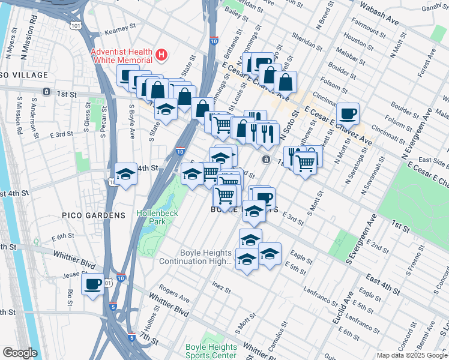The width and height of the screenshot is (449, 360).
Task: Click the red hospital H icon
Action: click(x=161, y=55)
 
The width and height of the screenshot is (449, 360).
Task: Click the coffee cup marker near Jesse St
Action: click(x=92, y=284)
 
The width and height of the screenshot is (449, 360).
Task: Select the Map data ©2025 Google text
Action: click(x=412, y=355)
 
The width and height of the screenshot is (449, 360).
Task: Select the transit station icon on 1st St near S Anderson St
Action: click(x=46, y=92)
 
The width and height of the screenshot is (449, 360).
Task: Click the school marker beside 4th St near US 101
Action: click(x=125, y=174)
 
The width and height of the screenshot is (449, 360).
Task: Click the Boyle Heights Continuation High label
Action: click(x=195, y=257)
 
